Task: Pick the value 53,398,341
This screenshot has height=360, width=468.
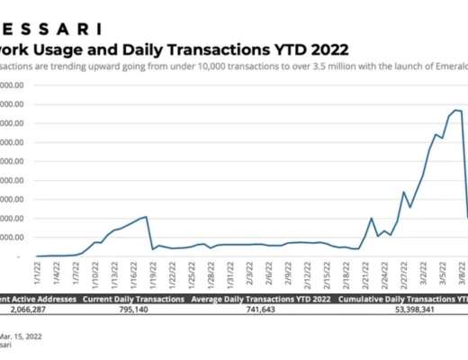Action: point(409,308)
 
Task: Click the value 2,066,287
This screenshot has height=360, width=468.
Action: point(36,308)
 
